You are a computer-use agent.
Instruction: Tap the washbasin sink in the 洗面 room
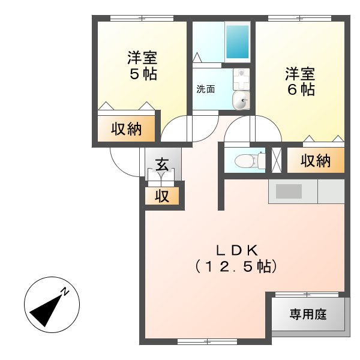point(241,101)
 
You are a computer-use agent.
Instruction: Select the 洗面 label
point(205,89)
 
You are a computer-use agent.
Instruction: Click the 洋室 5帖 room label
point(142,66)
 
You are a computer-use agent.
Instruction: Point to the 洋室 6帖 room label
point(300,82)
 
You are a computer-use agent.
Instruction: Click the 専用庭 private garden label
point(308,314)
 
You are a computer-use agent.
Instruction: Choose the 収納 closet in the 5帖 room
point(127,128)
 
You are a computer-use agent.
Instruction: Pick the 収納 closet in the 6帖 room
point(316,161)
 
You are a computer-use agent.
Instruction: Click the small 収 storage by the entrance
point(162,196)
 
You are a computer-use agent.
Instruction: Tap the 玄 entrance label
point(162,164)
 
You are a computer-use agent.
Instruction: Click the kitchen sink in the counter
point(289,191)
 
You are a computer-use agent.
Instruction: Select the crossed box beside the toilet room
point(276,159)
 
